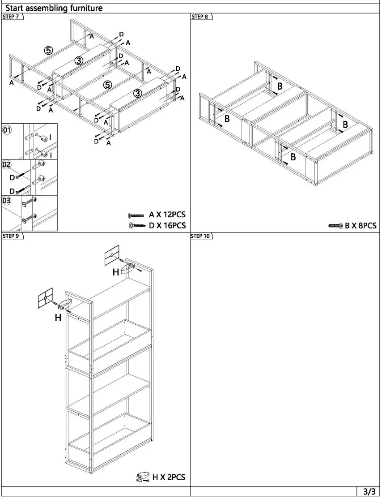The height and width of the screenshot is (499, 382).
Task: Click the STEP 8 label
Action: tap(200, 17)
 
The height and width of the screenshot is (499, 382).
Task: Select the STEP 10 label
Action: tap(201, 236)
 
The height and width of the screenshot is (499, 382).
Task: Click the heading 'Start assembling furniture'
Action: tap(54, 8)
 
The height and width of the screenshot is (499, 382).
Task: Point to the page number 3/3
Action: tap(369, 491)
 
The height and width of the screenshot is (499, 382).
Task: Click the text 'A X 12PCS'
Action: tap(167, 215)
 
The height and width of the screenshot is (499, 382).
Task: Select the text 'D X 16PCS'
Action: tap(167, 225)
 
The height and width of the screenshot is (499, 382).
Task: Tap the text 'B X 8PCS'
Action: tap(361, 226)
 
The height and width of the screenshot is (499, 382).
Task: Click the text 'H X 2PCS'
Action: tap(169, 477)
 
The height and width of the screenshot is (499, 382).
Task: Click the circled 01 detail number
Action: tap(7, 130)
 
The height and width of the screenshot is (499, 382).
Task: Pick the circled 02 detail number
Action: tap(7, 164)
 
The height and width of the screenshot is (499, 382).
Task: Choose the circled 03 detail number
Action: tap(7, 200)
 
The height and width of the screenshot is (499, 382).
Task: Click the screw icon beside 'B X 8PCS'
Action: tap(335, 226)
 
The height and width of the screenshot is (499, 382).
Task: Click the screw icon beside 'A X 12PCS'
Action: tap(136, 215)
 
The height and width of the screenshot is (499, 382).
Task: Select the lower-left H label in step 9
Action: tap(58, 318)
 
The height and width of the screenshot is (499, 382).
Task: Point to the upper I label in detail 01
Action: tap(50, 137)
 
